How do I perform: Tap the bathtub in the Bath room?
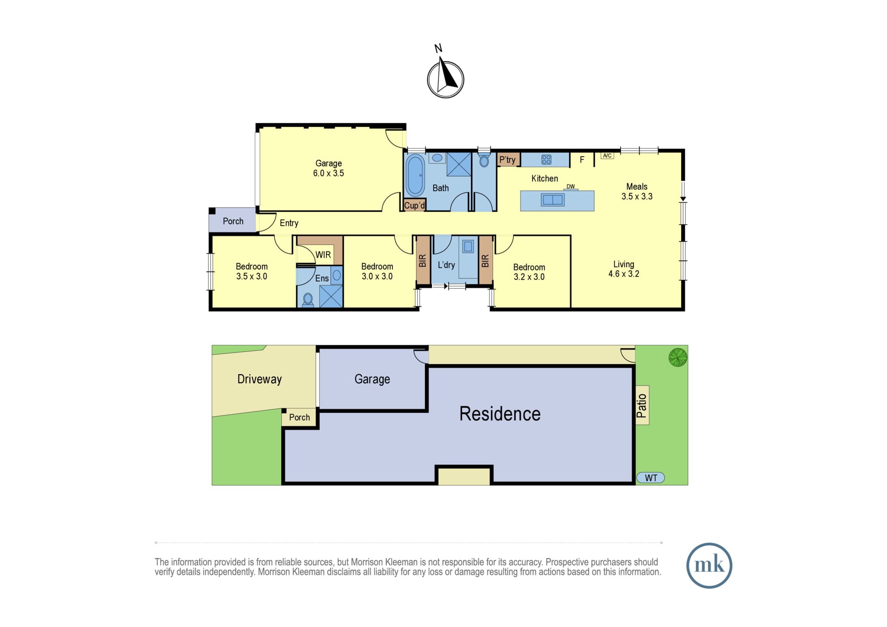point(415,175)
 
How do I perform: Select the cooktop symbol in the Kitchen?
point(546,159)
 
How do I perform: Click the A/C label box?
point(607,155)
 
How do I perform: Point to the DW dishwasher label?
point(570,187)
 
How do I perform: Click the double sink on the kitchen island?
point(552,200)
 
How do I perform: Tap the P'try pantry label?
point(507,160)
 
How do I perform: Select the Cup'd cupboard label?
point(415,205)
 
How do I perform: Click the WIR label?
point(323,255)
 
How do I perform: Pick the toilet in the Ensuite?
point(308,300)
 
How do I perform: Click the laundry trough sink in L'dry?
point(468,246)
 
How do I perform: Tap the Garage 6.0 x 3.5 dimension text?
point(329,173)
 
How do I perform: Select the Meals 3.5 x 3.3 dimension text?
point(637,196)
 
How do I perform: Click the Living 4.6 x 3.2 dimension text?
point(624,274)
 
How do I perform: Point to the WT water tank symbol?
point(651,478)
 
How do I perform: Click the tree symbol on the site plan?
point(678,357)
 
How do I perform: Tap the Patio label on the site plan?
point(642,405)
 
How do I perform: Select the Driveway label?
point(259,379)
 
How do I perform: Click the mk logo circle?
point(709,565)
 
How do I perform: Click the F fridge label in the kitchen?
point(582,160)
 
